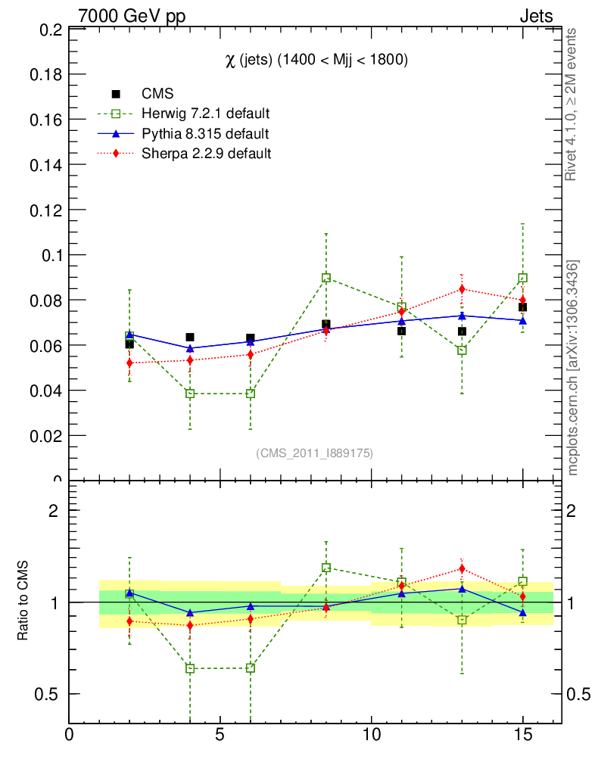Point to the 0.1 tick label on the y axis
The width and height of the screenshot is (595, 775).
pyautogui.click(x=51, y=255)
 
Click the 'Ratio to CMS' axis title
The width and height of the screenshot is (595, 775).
pyautogui.click(x=23, y=602)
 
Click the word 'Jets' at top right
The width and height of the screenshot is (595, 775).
pyautogui.click(x=535, y=16)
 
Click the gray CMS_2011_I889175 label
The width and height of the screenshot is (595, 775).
pyautogui.click(x=314, y=453)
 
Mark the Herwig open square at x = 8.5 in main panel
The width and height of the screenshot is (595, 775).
pyautogui.click(x=326, y=278)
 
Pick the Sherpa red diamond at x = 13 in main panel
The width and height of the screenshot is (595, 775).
pyautogui.click(x=462, y=289)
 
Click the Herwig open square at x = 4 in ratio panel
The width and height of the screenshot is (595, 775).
pyautogui.click(x=190, y=668)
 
